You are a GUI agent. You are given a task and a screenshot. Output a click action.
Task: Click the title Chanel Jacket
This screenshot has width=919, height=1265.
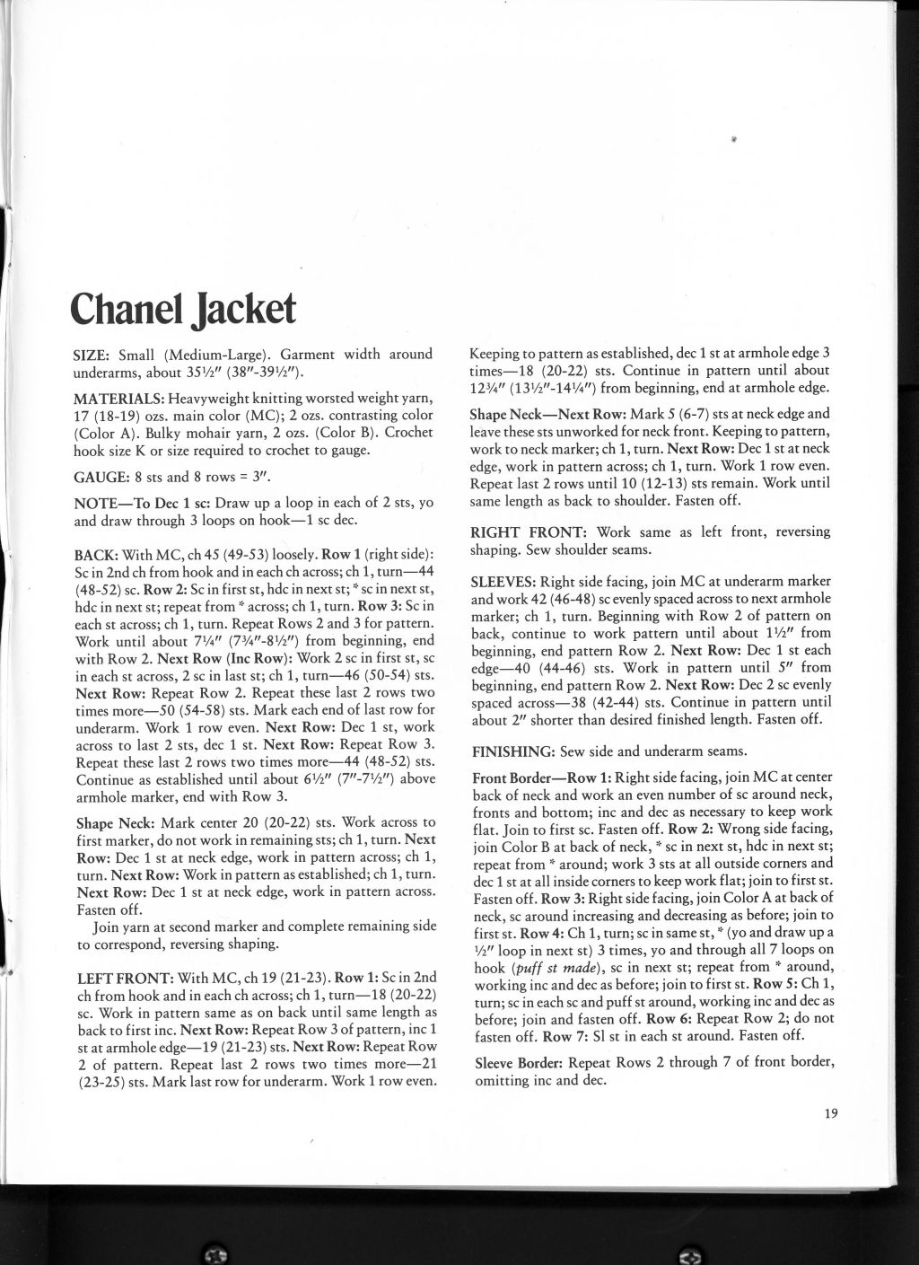[x=183, y=308]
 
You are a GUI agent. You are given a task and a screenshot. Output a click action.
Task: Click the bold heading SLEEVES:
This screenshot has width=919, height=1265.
[x=505, y=581]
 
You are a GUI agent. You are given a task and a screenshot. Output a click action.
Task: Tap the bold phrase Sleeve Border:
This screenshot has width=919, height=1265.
[x=518, y=1064]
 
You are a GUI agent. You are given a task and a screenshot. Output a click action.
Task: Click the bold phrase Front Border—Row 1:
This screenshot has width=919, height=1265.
[x=542, y=777]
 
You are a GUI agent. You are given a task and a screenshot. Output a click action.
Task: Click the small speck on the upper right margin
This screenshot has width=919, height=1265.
[x=734, y=139]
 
